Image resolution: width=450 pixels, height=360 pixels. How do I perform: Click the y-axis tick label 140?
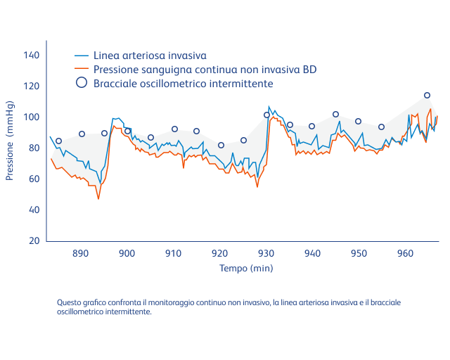(x=32, y=55)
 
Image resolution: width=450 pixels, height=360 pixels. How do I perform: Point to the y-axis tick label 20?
(x=34, y=240)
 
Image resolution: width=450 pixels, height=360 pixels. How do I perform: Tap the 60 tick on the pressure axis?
(x=34, y=179)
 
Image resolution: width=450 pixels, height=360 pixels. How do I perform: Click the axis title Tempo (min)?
(x=246, y=268)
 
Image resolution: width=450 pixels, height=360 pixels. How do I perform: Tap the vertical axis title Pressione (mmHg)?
(x=10, y=148)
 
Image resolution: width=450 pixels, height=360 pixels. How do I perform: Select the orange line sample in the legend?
(x=82, y=69)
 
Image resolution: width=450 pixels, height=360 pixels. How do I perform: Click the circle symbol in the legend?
(x=82, y=82)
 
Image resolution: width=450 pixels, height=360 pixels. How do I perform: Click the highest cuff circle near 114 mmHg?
(x=427, y=95)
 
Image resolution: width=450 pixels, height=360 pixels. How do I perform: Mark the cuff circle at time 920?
(x=221, y=145)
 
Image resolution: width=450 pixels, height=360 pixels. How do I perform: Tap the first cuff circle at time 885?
(x=58, y=141)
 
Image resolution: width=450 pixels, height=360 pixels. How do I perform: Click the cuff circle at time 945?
(x=335, y=114)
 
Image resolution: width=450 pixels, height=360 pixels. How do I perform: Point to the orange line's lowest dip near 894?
(x=98, y=199)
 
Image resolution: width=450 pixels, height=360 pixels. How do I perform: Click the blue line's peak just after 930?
(x=269, y=107)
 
